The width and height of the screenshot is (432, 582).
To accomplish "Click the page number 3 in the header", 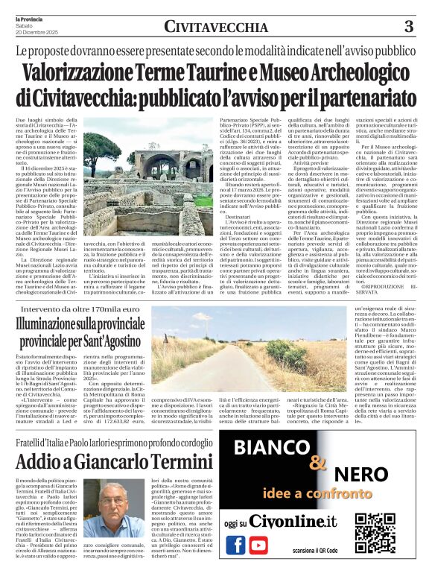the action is pyautogui.click(x=409, y=27).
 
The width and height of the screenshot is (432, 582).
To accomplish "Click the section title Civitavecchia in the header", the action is pyautogui.click(x=215, y=27).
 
